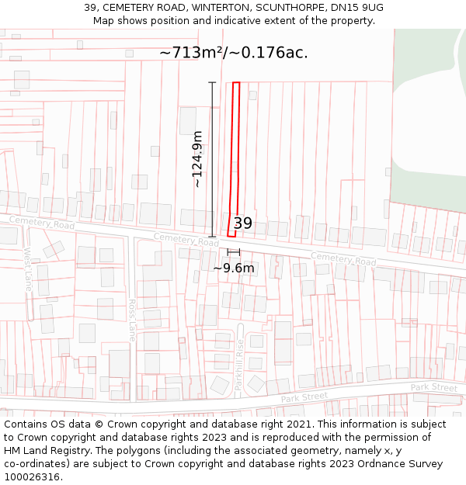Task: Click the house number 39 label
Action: click(242, 223)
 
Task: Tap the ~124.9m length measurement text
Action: click(197, 159)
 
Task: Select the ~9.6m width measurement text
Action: click(234, 268)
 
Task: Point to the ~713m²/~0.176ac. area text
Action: click(234, 53)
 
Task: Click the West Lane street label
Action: click(28, 264)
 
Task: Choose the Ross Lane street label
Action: click(132, 320)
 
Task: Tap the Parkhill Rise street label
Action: click(239, 365)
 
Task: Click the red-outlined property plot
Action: click(234, 155)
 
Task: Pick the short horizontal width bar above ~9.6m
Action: click(234, 252)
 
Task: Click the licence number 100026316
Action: click(33, 477)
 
